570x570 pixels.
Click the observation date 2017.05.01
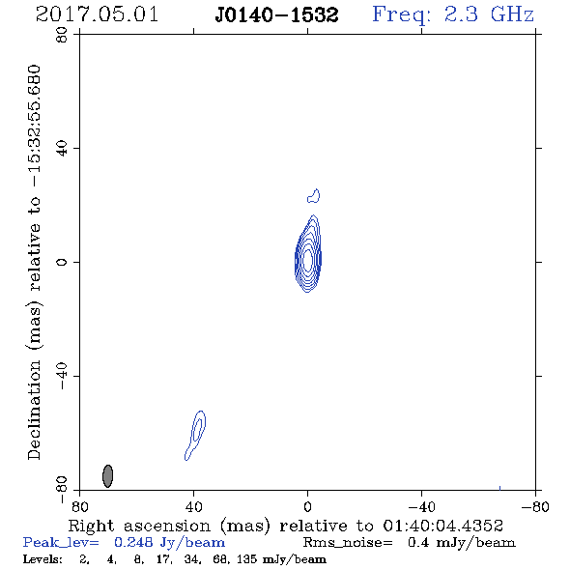pos(97,14)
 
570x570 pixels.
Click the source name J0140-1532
pos(276,15)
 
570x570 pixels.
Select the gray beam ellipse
pos(107,476)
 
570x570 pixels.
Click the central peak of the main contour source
pos(308,260)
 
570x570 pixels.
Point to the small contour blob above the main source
pos(314,196)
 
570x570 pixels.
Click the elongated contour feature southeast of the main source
pos(195,435)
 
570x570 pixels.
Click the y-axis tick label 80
pos(62,35)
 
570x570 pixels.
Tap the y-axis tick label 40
pos(62,149)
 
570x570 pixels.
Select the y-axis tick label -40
pos(62,376)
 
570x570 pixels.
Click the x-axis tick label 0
pos(307,507)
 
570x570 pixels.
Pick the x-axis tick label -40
pos(421,507)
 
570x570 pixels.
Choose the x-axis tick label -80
pos(535,507)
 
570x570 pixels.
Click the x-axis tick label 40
pos(194,507)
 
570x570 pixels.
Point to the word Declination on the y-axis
pos(34,410)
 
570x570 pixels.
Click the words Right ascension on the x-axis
pos(139,526)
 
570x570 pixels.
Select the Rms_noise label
pos(348,542)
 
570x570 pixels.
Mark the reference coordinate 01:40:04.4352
pos(443,526)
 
